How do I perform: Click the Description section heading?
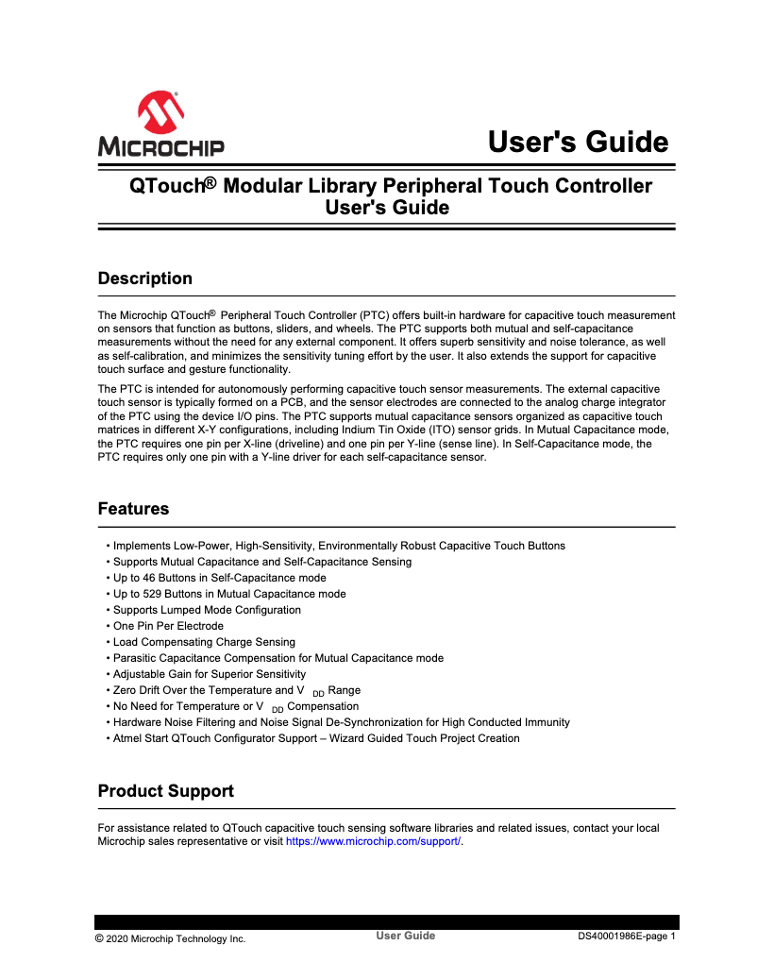(x=145, y=279)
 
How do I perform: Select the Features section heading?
(x=134, y=509)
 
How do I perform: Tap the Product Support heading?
(x=166, y=790)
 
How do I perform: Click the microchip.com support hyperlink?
(x=373, y=841)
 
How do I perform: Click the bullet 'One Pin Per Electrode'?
(x=168, y=626)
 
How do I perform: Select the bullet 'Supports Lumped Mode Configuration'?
(x=207, y=610)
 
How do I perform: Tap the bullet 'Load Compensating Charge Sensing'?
(x=204, y=642)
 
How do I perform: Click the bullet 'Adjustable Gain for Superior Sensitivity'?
(x=210, y=674)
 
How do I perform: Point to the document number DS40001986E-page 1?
(x=627, y=937)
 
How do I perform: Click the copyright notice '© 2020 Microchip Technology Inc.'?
(x=170, y=938)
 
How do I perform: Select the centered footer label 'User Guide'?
(x=406, y=936)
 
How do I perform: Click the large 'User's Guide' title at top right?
(x=578, y=143)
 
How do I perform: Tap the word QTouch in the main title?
(x=166, y=186)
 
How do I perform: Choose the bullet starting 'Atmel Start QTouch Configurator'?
(x=316, y=738)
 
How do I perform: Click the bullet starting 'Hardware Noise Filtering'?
(x=341, y=722)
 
